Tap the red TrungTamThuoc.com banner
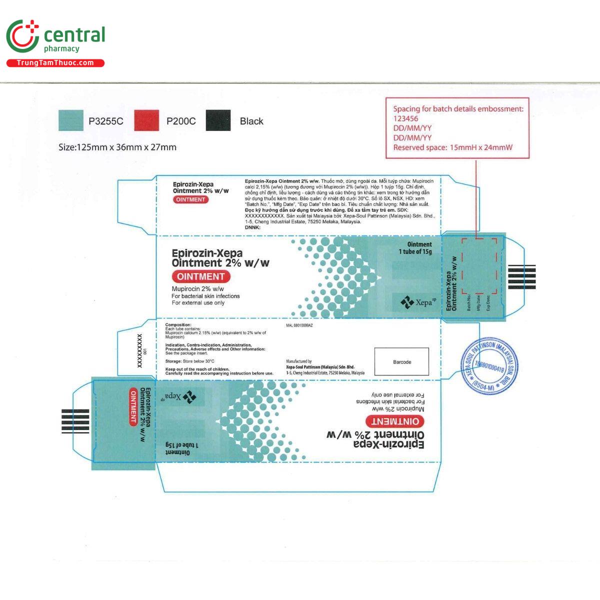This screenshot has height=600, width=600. [55, 63]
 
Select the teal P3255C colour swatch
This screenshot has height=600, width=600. [71, 121]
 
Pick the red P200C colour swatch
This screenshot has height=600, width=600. [146, 121]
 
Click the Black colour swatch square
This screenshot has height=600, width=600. [218, 121]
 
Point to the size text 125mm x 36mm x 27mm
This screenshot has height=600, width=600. [117, 147]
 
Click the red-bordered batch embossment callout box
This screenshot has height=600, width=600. [457, 128]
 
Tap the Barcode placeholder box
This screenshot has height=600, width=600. [401, 361]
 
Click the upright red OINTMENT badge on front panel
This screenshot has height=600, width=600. [200, 276]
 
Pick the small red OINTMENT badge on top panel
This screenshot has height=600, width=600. [190, 199]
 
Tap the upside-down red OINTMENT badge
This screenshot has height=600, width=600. [395, 421]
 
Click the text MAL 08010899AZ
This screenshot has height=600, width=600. [299, 325]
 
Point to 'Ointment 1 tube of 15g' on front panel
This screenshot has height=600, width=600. [415, 248]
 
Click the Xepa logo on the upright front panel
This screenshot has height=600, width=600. [415, 302]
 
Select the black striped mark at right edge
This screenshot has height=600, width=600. [521, 277]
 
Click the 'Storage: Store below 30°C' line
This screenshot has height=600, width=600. [190, 361]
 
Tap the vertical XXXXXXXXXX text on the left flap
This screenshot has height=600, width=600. [139, 351]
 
